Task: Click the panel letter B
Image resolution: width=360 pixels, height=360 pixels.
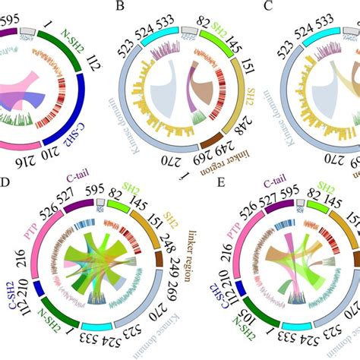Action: [x=119, y=8]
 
